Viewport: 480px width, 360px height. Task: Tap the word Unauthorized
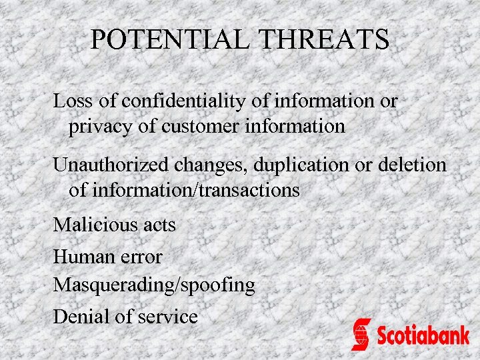111,165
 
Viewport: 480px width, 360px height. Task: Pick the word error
141,256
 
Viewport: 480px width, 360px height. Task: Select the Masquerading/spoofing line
153,285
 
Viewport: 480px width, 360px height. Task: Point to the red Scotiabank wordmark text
423,334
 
